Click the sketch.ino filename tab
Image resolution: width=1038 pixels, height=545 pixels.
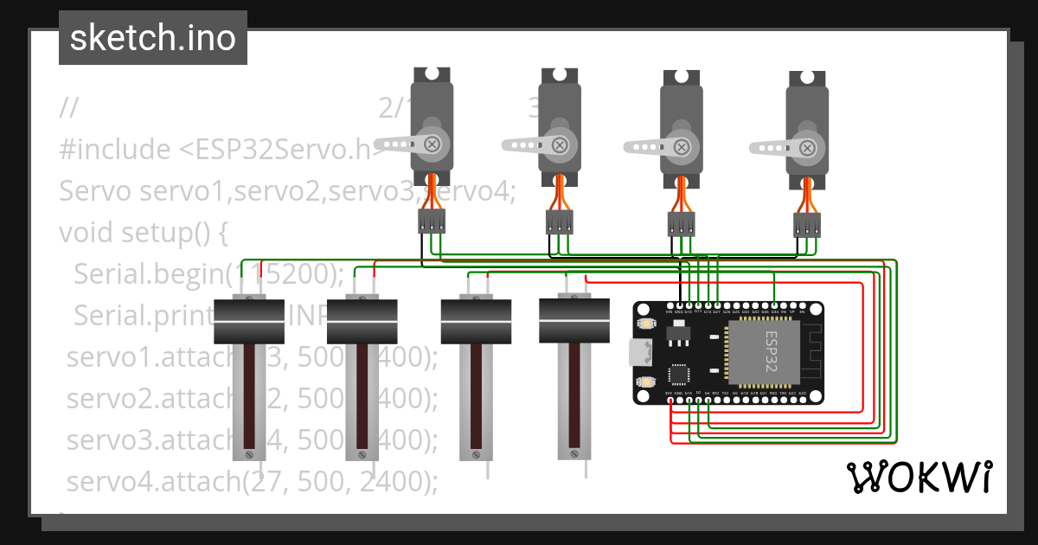pyautogui.click(x=152, y=38)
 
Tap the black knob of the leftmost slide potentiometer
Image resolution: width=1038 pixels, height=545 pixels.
pyautogui.click(x=249, y=321)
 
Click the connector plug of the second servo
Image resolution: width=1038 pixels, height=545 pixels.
pyautogui.click(x=559, y=223)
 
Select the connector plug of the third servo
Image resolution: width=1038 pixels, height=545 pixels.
pyautogui.click(x=682, y=225)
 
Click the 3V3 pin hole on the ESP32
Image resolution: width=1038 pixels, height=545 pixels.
pyautogui.click(x=670, y=400)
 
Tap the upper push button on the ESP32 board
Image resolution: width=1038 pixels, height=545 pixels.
pyautogui.click(x=646, y=324)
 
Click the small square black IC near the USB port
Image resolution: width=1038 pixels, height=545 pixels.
pyautogui.click(x=679, y=375)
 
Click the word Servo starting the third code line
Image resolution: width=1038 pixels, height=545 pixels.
pyautogui.click(x=95, y=190)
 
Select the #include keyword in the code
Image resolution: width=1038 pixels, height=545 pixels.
pyautogui.click(x=114, y=150)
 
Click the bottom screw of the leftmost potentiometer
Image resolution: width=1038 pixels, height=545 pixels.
pyautogui.click(x=249, y=453)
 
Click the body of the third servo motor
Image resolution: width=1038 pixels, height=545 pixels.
pyautogui.click(x=682, y=130)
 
